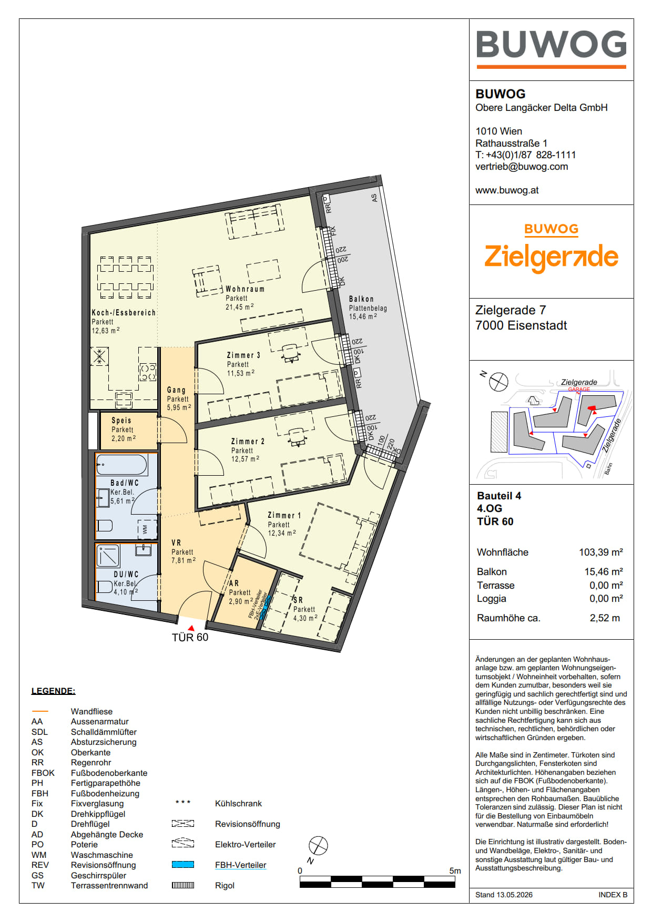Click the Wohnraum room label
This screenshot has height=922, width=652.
click(245, 289)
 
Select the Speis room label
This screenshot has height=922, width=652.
click(121, 421)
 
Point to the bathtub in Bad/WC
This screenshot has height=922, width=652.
click(122, 465)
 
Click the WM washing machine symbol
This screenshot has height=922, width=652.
click(146, 529)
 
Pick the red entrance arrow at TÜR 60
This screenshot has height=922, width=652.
click(191, 628)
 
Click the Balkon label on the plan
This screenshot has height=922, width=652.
click(362, 299)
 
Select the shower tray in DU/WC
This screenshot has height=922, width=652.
click(108, 556)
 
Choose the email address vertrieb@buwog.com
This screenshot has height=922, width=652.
click(522, 167)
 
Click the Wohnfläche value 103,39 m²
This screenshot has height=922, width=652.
click(601, 552)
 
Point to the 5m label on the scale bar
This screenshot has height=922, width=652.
click(455, 870)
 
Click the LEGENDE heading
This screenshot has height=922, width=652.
click(53, 691)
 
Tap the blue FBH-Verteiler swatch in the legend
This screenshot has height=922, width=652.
click(183, 865)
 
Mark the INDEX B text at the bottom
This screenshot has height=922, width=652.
click(613, 895)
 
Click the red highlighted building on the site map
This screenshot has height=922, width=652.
click(591, 408)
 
